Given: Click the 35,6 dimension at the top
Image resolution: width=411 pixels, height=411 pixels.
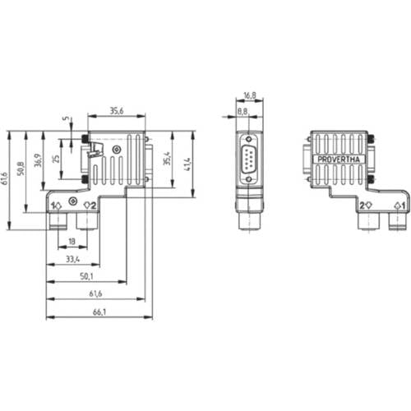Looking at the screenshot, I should [x=116, y=111].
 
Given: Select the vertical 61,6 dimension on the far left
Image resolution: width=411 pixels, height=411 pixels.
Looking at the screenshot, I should [x=6, y=179].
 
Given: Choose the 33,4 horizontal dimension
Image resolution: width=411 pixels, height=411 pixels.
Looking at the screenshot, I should [x=73, y=260].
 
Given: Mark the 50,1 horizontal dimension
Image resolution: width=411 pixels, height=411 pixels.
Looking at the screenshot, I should [x=86, y=277].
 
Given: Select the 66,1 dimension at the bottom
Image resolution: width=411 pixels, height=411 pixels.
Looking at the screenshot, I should [x=99, y=312].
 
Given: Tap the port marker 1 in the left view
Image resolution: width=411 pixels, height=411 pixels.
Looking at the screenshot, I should [x=56, y=205].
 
